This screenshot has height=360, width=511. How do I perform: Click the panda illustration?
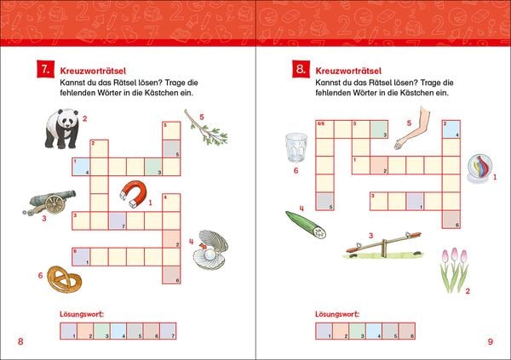62,129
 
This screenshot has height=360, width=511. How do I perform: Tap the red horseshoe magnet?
134,193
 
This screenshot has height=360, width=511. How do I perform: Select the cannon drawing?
50,203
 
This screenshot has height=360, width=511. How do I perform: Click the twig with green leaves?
206,128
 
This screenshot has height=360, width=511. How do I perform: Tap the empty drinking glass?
296,147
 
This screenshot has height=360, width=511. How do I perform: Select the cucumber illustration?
306,226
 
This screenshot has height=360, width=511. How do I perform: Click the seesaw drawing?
383,245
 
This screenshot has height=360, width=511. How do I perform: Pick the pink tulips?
454,270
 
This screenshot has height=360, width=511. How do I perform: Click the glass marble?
479,169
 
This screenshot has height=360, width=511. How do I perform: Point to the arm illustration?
412,128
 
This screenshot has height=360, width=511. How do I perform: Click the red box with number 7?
45,69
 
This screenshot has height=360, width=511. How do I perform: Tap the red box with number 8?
301,69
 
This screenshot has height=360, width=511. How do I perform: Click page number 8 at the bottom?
20,341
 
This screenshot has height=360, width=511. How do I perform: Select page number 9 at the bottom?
491,341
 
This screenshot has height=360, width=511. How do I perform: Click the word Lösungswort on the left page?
82,314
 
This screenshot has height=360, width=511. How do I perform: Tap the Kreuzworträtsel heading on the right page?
348,71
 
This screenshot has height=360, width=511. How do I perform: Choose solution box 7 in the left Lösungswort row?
168,331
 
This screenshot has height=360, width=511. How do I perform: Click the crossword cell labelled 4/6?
325,129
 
